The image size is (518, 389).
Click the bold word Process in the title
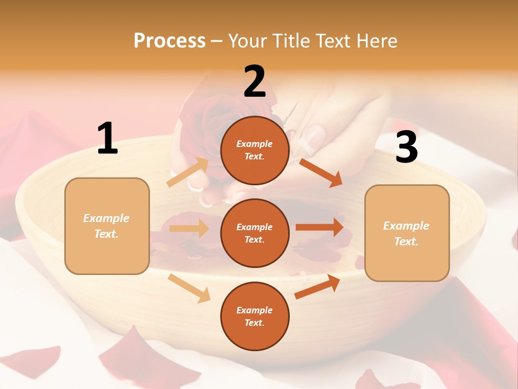coord(169,41)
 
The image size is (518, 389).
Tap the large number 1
coord(107,139)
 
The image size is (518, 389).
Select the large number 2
coord(255,82)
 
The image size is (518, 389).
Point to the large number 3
coord(406,147)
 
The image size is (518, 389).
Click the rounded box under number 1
coord(107,226)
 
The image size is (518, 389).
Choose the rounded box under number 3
coord(407,233)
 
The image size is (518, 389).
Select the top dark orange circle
coord(255,150)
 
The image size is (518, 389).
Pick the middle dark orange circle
coord(255,233)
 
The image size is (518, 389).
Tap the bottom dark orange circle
coord(255,316)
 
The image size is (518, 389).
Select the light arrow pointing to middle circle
coord(189,229)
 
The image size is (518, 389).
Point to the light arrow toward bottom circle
coord(189,288)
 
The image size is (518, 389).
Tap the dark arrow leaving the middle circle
coord(319,227)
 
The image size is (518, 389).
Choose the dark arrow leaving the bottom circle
coord(317,287)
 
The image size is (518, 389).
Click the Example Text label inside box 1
coord(107,226)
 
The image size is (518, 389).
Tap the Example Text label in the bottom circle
coord(255,316)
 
